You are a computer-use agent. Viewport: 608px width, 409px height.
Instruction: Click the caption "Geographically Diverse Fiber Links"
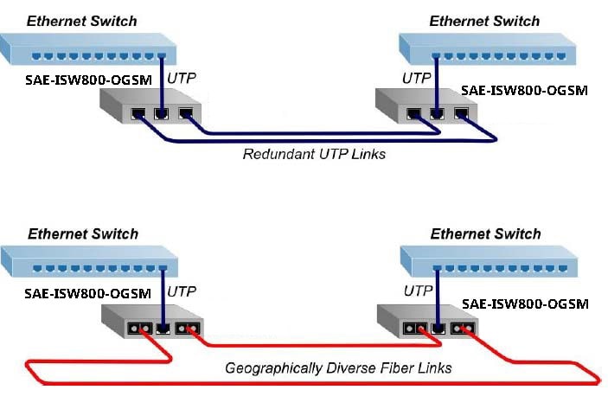coord(338,368)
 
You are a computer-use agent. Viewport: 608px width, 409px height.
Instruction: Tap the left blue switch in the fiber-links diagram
coord(89,262)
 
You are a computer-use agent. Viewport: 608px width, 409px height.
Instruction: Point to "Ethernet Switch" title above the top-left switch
coord(82,21)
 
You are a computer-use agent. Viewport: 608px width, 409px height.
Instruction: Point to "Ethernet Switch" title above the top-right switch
coord(484,21)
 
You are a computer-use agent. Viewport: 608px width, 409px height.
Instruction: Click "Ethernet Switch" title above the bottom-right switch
coord(485,233)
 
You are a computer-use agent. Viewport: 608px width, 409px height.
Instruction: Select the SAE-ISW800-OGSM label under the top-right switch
coord(524,90)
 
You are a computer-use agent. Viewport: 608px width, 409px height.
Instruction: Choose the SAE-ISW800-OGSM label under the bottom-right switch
coord(525,304)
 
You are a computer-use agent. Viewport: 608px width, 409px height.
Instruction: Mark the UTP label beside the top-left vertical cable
coord(181,78)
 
